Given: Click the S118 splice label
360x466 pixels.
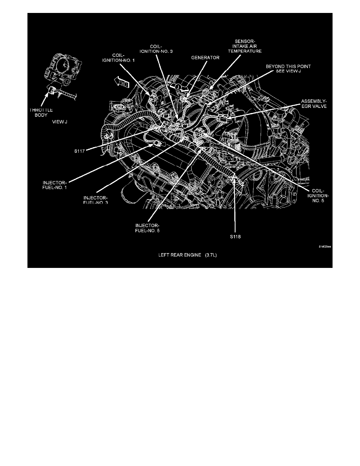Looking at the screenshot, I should point(235,237).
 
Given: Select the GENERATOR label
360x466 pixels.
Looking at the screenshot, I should point(205,57).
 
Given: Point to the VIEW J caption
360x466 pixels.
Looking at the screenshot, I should point(60,122).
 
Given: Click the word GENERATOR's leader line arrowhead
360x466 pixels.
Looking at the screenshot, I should point(187,96).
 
